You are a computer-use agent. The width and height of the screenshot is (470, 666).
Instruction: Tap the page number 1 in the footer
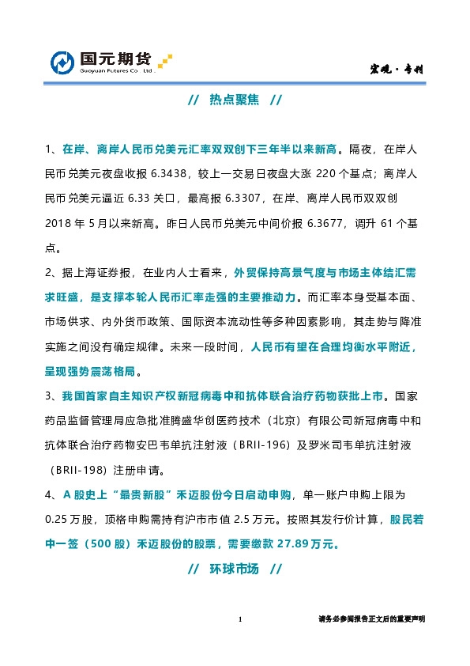[239, 620]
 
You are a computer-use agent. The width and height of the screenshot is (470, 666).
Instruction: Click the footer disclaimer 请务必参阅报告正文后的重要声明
[370, 620]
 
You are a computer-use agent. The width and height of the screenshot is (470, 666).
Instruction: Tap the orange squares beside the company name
[164, 61]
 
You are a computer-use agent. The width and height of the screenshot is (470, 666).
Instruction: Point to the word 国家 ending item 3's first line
[407, 395]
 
